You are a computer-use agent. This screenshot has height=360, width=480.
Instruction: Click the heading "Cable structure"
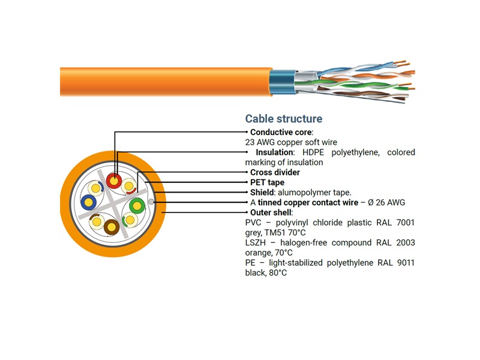pos(284,119)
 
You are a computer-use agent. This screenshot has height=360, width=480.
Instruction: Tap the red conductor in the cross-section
pos(113,181)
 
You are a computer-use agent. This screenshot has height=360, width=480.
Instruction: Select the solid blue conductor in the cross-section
pos(89,202)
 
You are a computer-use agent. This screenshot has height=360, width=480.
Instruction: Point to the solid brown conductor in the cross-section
pos(112,227)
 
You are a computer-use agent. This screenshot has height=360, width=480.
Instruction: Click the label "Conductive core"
pos(281,132)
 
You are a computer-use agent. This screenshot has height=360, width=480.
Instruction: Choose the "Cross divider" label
pos(275,173)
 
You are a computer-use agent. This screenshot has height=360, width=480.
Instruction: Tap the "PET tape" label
pos(267,182)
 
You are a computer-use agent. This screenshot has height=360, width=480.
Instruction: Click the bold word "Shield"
pos(263,193)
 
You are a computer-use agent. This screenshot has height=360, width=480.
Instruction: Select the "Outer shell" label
pos(271,212)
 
